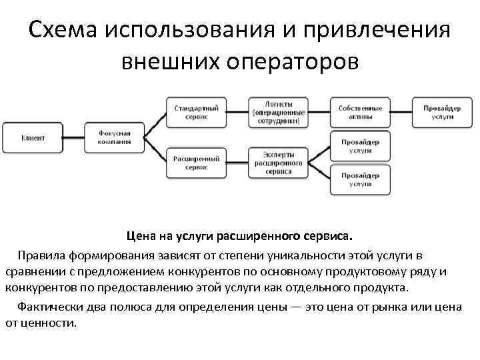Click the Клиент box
[x=32, y=137]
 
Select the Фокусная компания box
[x=115, y=137]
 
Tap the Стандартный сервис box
[x=197, y=111]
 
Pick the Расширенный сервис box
[x=197, y=163]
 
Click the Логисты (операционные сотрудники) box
[x=279, y=111]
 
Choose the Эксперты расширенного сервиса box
[x=279, y=163]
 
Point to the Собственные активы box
[x=361, y=111]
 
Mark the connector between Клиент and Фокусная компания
[x=74, y=137]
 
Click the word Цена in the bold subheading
[x=141, y=236]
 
